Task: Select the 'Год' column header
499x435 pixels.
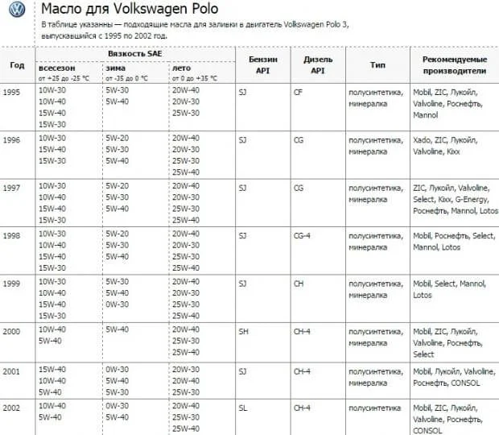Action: click(17, 64)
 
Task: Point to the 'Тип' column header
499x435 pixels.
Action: click(377, 64)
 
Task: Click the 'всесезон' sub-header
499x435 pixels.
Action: click(57, 68)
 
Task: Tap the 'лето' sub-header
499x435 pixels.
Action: click(181, 68)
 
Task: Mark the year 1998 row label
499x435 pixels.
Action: click(12, 235)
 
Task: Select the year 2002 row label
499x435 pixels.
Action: click(12, 407)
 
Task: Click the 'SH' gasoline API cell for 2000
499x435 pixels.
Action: click(245, 330)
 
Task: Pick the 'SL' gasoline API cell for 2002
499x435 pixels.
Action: click(244, 407)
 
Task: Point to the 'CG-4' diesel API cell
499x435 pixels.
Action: click(303, 235)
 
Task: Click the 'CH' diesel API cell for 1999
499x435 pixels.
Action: click(299, 283)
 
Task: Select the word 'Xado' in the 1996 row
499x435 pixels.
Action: click(423, 140)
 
